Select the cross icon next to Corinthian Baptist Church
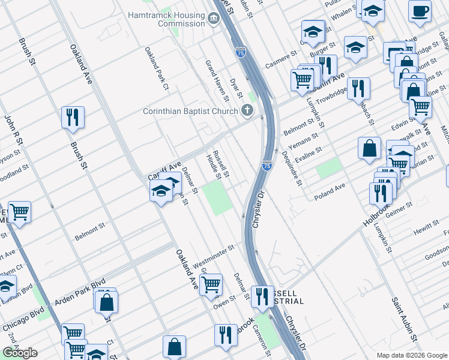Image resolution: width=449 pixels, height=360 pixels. click(x=246, y=110)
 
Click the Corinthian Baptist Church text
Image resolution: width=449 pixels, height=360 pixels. click(x=190, y=111)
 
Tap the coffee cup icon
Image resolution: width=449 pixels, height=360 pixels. click(x=420, y=10)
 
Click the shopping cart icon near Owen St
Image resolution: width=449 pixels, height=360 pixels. click(x=211, y=284)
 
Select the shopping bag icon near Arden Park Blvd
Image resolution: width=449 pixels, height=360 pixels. click(x=106, y=302)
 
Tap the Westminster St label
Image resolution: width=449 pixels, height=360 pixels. click(x=213, y=249)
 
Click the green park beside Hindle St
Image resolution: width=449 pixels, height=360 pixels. click(x=217, y=199)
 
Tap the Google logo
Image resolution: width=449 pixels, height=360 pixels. click(x=19, y=353)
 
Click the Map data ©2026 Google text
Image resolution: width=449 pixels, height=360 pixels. click(x=412, y=355)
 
